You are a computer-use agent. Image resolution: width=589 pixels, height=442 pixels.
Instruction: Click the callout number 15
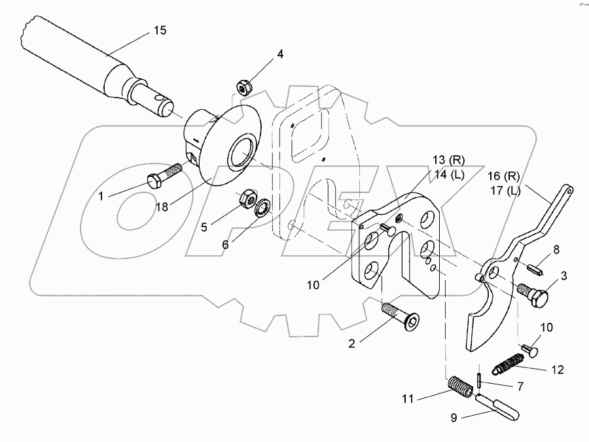160,30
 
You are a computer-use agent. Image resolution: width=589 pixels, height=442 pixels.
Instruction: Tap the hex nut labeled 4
245,88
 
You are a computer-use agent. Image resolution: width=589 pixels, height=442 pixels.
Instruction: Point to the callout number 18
162,206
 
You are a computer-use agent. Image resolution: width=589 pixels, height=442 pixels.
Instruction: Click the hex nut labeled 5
248,198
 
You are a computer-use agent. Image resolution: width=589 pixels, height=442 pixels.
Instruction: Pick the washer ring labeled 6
263,207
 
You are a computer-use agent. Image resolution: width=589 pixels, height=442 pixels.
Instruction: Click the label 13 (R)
448,160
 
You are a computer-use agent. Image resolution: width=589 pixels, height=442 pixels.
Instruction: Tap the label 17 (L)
505,191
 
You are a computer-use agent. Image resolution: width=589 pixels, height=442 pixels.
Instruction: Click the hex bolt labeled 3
533,293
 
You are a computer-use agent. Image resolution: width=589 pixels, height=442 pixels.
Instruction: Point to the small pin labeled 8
535,270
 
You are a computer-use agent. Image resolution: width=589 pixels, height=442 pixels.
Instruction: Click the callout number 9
454,418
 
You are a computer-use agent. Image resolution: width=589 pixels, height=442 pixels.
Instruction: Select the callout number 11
408,399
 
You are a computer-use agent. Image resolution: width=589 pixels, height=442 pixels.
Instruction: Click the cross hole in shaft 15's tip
162,100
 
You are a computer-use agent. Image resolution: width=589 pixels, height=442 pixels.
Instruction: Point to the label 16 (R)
504,176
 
